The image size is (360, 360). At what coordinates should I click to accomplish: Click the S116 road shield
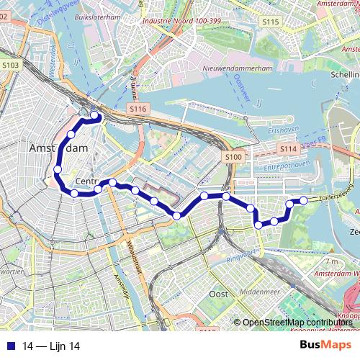(x=138, y=108)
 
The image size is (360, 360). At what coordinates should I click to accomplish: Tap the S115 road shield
(x=270, y=22)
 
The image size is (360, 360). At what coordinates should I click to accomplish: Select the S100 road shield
(x=233, y=156)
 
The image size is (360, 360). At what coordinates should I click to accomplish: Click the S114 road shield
(x=288, y=148)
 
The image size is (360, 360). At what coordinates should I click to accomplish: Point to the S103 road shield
(x=11, y=65)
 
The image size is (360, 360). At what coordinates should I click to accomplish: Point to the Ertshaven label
(x=277, y=131)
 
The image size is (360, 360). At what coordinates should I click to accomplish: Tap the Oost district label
(x=217, y=294)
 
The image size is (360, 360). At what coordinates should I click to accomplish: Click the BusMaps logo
(x=326, y=346)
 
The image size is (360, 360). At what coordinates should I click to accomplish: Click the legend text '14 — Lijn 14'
(x=50, y=346)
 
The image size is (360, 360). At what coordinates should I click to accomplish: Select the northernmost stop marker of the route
(x=94, y=115)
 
